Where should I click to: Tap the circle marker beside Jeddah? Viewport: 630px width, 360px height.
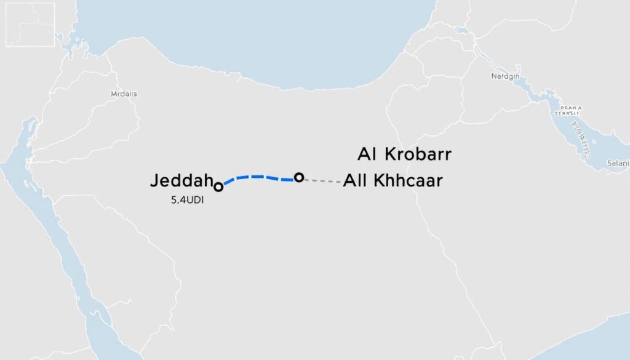point(217,185)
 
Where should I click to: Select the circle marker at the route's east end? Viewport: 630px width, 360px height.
point(299,177)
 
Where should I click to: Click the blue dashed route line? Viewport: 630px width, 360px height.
point(258,177)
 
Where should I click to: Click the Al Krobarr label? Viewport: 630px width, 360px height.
point(404,154)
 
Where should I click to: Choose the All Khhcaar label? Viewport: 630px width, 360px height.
point(393,181)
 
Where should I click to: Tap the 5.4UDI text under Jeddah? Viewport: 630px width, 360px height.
point(186,200)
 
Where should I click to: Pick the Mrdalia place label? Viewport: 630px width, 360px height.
point(124,94)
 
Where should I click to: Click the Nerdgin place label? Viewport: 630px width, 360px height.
point(506,76)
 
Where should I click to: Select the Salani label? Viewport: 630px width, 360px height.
point(617,163)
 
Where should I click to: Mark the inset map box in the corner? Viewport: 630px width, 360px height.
point(30,24)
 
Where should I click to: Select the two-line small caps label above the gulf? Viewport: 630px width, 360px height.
point(567,110)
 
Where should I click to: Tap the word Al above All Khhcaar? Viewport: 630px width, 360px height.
point(365,154)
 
